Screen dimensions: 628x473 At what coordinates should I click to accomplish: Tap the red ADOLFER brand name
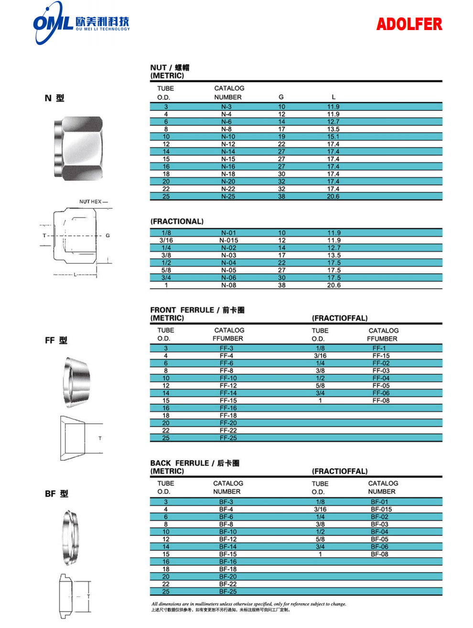[409, 24]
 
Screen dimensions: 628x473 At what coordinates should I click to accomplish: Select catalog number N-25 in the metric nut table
[228, 197]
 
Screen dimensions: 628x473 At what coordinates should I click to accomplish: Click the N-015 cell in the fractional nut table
[228, 241]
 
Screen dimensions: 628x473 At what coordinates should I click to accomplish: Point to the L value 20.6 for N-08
[333, 285]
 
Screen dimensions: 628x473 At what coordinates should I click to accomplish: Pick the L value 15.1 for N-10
[333, 136]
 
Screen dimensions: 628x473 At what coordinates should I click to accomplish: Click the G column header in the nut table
[281, 97]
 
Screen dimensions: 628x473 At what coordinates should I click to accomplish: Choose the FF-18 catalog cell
[228, 416]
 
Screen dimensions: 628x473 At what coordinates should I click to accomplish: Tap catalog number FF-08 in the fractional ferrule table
[381, 401]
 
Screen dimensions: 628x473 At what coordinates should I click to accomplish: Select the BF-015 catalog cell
[381, 510]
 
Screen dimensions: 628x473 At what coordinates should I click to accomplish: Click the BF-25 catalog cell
[228, 592]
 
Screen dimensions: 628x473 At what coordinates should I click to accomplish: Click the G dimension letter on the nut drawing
[107, 236]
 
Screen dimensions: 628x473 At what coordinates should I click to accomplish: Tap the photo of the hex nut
[78, 148]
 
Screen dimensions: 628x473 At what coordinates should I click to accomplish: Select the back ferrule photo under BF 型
[70, 538]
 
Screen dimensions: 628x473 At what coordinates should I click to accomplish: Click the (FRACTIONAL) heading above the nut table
[177, 221]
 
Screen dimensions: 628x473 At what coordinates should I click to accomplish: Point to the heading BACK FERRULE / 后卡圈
[194, 463]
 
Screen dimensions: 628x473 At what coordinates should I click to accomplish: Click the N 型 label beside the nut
[54, 98]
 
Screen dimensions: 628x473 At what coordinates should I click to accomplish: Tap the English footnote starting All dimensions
[248, 604]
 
